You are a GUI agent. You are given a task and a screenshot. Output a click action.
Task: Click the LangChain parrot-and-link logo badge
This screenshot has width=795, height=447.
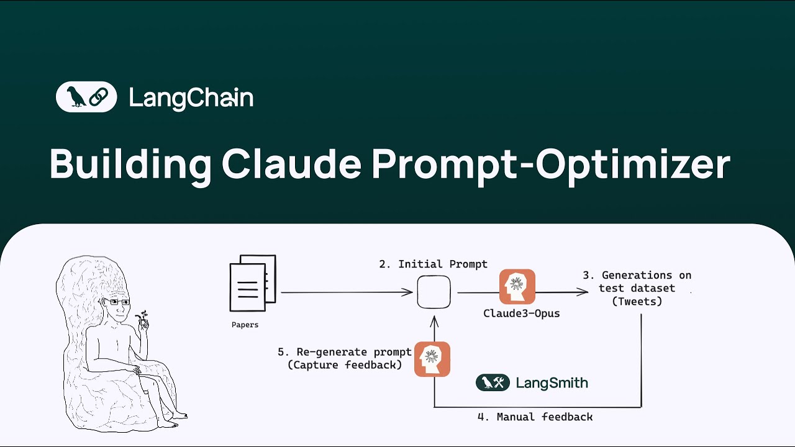pyautogui.click(x=86, y=97)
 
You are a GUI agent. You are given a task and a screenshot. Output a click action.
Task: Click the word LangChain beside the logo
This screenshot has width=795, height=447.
pyautogui.click(x=191, y=98)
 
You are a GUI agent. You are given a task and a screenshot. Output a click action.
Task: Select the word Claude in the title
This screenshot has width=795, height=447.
pyautogui.click(x=291, y=165)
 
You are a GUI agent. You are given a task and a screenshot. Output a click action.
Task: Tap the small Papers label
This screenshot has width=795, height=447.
pyautogui.click(x=245, y=325)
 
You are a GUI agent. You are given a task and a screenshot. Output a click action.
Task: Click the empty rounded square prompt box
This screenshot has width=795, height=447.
pyautogui.click(x=434, y=292)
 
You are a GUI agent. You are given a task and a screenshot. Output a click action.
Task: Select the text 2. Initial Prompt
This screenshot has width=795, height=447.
pyautogui.click(x=434, y=264)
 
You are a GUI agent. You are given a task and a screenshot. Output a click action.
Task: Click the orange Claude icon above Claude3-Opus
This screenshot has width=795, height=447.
pyautogui.click(x=517, y=286)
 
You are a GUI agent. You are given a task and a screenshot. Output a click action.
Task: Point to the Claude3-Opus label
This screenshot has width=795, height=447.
pyautogui.click(x=521, y=314)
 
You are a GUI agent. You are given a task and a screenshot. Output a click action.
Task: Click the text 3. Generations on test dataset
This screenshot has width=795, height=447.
pyautogui.click(x=645, y=281)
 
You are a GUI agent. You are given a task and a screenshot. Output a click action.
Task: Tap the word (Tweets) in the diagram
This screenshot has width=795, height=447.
pyautogui.click(x=637, y=302)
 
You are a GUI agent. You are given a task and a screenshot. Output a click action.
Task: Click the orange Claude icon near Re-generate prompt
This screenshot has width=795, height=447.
pyautogui.click(x=432, y=359)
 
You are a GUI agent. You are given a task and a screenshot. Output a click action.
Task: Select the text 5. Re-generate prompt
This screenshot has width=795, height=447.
pyautogui.click(x=344, y=352)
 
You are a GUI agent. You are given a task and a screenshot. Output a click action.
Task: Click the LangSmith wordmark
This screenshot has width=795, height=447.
pyautogui.click(x=552, y=383)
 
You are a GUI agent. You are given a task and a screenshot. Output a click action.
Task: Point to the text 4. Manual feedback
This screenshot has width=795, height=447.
pyautogui.click(x=535, y=417)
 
